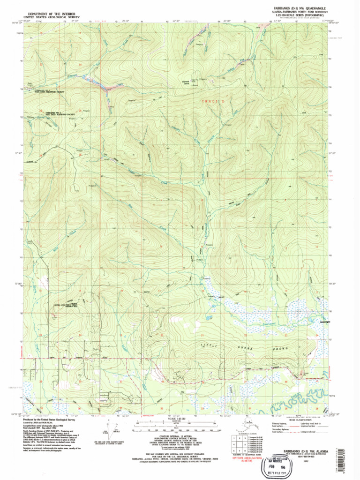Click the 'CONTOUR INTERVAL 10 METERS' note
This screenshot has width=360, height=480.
(176, 436)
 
